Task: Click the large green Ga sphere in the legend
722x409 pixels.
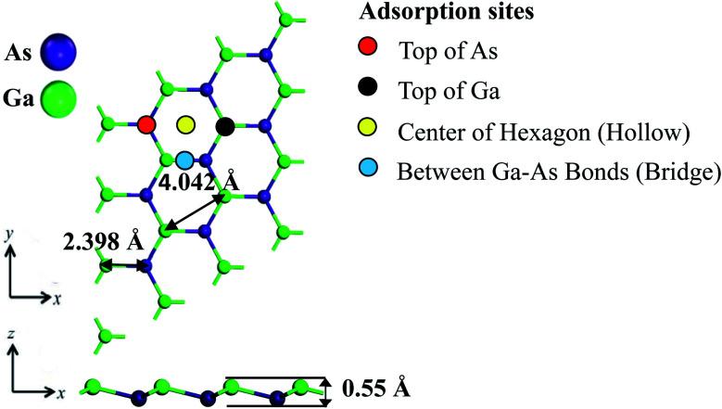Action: (x=63, y=95)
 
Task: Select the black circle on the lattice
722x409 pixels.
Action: (x=224, y=125)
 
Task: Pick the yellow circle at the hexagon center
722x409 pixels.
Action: (x=185, y=124)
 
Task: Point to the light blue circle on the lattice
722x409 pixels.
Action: (x=185, y=160)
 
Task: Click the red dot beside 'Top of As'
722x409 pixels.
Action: (x=370, y=49)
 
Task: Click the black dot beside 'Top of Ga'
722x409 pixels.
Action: (x=370, y=91)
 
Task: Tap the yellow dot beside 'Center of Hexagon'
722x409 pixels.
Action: (x=370, y=132)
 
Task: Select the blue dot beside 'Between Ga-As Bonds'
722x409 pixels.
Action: (x=370, y=173)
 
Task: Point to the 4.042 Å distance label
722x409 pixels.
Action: (x=197, y=183)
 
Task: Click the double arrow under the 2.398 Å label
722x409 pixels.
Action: (x=122, y=266)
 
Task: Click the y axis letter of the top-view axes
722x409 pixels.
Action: (x=8, y=236)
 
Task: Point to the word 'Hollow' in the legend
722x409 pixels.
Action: (x=653, y=133)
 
